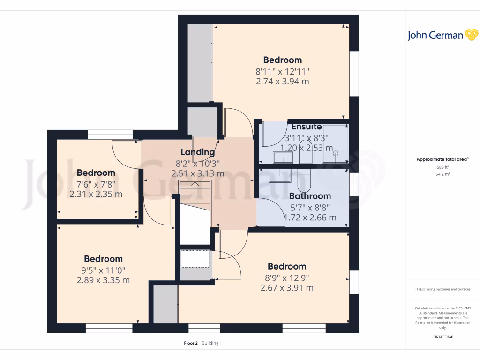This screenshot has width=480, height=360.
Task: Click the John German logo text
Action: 435,36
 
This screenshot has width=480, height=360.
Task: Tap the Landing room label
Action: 198,152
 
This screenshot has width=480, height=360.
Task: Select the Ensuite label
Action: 306,127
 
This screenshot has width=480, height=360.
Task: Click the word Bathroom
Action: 310,196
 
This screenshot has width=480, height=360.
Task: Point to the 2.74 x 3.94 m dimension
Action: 282,82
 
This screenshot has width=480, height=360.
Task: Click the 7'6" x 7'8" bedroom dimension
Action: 96,184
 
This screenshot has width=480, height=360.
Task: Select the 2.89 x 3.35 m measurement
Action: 103,280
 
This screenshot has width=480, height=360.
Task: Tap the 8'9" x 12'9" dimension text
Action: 286,277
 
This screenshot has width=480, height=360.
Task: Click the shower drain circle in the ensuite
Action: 335,153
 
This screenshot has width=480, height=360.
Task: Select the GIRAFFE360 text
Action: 443,337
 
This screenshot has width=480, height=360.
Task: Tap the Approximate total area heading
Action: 442,159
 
